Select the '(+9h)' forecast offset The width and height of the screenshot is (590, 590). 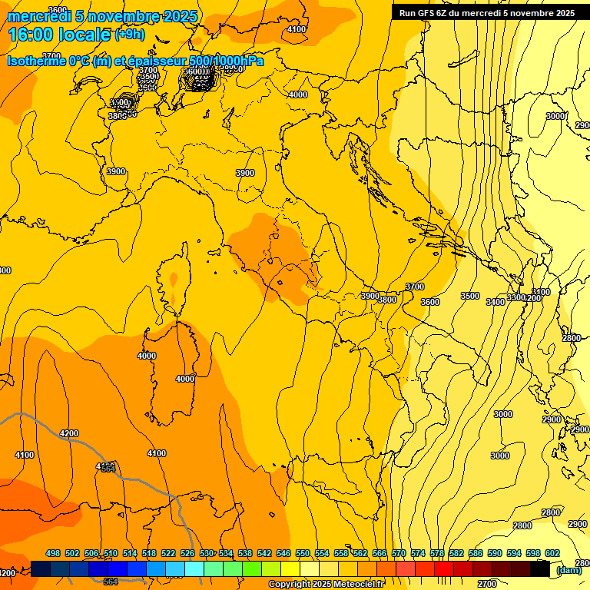pos(129,35)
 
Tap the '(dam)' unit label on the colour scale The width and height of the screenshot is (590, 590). pos(568,570)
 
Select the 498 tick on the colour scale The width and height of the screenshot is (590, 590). pos(53,554)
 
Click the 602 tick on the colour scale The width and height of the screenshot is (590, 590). pos(552,554)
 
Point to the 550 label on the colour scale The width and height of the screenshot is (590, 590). pos(303,554)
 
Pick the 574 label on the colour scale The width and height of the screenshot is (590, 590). pos(418,554)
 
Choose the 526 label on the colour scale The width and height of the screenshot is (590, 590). pos(187,554)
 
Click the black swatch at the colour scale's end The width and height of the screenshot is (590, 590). pos(540,569)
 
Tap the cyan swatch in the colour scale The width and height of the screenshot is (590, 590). pos(194,569)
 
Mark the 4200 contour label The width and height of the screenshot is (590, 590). pos(69,433)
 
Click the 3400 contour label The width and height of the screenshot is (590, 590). pos(496,302)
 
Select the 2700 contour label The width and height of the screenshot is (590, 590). pos(486,584)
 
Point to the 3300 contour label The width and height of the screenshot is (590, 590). pos(516,297)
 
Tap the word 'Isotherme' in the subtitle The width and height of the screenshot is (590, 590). pos(35,61)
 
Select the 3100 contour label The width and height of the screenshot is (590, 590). pos(542,292)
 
